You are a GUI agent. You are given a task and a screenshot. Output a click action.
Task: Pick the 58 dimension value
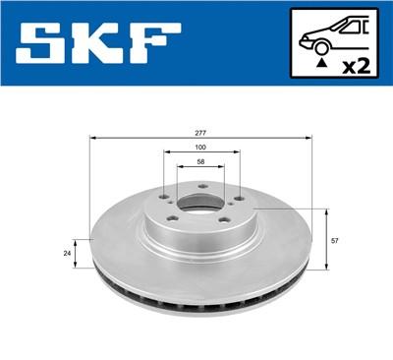click(x=201, y=162)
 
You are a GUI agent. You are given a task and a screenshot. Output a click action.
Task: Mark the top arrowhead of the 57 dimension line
click(x=325, y=210)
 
